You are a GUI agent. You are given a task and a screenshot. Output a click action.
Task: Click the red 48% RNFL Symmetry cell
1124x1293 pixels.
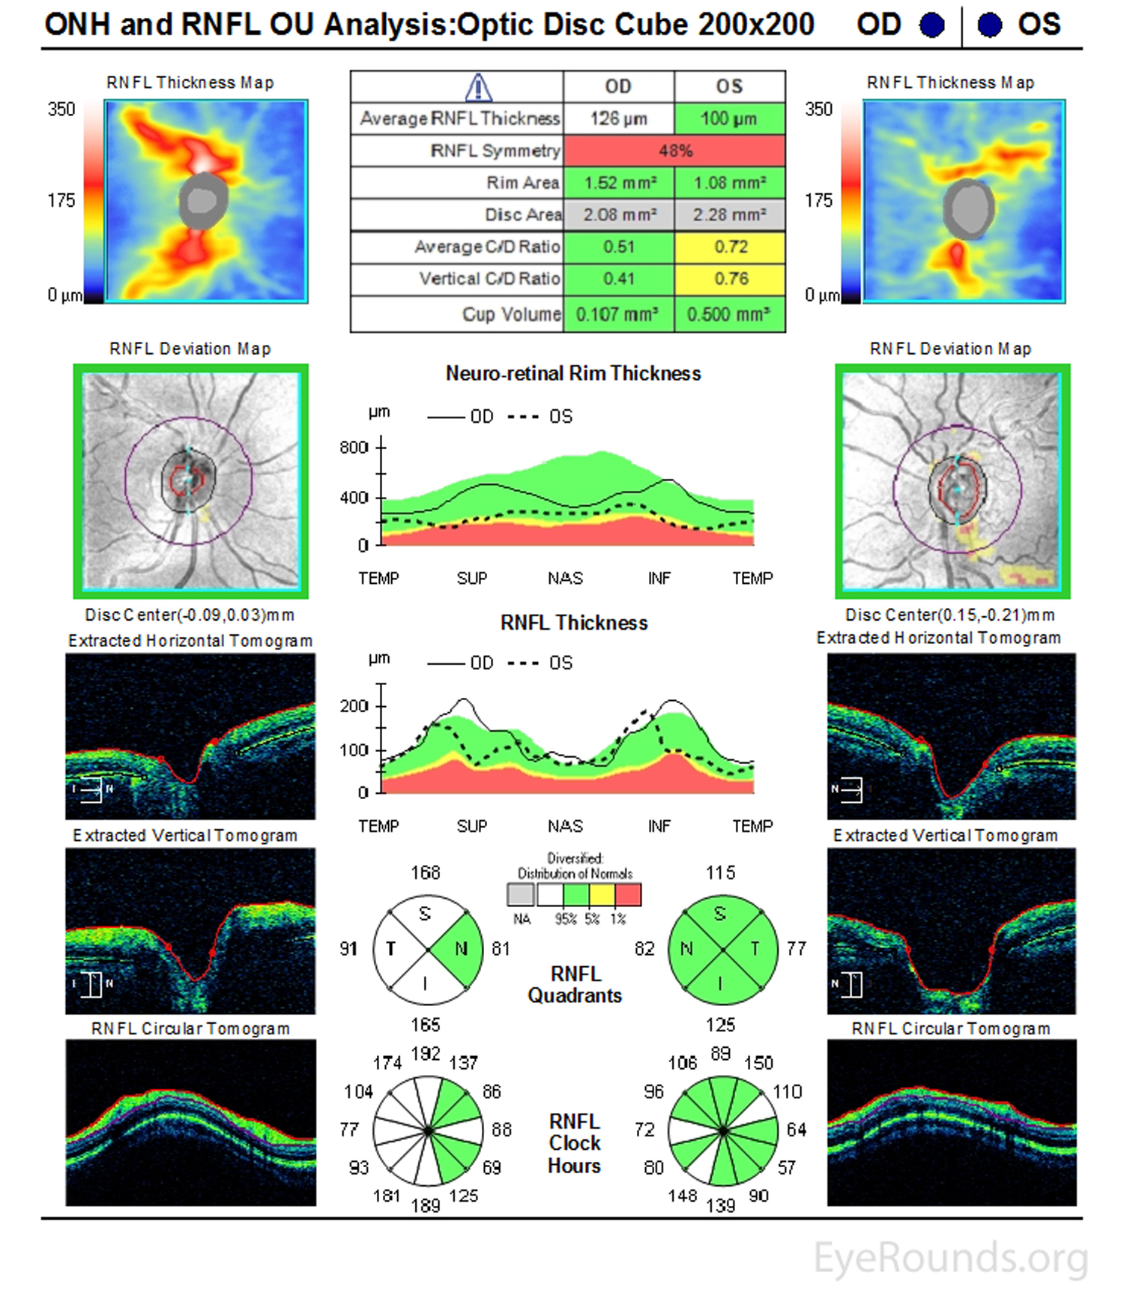point(674,151)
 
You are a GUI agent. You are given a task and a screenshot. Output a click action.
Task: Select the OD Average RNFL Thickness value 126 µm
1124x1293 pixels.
point(618,118)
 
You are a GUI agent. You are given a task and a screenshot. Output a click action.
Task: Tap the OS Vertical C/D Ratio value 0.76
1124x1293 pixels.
point(731,279)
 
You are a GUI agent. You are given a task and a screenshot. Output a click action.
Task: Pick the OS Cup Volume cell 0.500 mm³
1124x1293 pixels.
point(729,314)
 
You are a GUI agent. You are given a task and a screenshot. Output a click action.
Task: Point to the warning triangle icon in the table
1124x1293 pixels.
point(478,87)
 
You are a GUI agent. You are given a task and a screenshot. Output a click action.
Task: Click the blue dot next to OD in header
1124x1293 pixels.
point(932,25)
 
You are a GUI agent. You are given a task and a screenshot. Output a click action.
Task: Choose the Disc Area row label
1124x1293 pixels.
point(523,215)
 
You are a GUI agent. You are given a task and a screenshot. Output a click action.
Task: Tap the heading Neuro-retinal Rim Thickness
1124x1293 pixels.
point(573,373)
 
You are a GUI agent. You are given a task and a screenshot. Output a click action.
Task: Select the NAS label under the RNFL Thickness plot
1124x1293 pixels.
point(565,826)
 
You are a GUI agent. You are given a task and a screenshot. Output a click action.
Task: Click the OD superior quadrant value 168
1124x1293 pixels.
point(426,872)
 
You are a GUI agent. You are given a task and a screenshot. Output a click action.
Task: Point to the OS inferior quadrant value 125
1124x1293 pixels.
point(720,1024)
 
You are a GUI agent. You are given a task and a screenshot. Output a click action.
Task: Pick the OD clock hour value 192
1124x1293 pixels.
point(426,1053)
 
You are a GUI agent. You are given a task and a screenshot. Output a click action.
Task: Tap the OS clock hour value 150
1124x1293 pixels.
point(758,1063)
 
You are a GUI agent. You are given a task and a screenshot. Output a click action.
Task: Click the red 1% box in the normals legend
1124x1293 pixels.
point(628,895)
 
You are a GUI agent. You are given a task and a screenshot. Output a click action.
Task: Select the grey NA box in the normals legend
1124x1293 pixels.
point(521,895)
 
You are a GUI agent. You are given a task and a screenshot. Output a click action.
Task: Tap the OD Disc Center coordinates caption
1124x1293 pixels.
point(190,615)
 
